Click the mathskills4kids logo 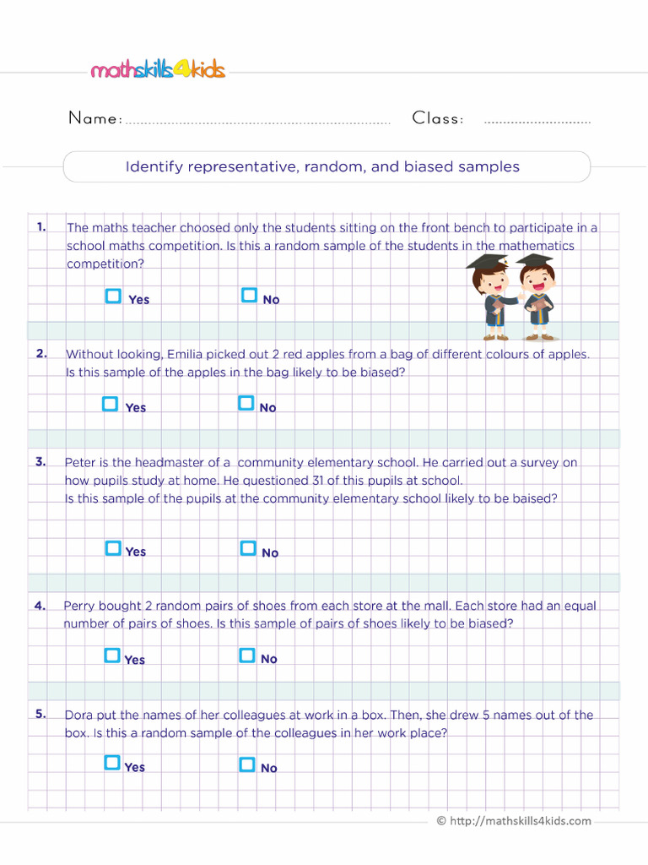pos(158,70)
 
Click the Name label pos(94,119)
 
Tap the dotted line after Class pos(537,122)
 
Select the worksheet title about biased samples pos(322,167)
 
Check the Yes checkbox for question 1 pos(113,296)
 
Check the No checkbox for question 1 pos(249,296)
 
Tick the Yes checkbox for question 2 pos(110,404)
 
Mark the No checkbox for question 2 pos(246,404)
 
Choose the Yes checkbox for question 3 pos(113,548)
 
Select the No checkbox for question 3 pos(248,548)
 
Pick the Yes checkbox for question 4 pos(112,656)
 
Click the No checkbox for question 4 pos(247,656)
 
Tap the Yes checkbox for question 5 pos(112,764)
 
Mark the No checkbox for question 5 pos(247,764)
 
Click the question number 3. pos(40,461)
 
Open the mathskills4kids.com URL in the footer pos(520,821)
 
